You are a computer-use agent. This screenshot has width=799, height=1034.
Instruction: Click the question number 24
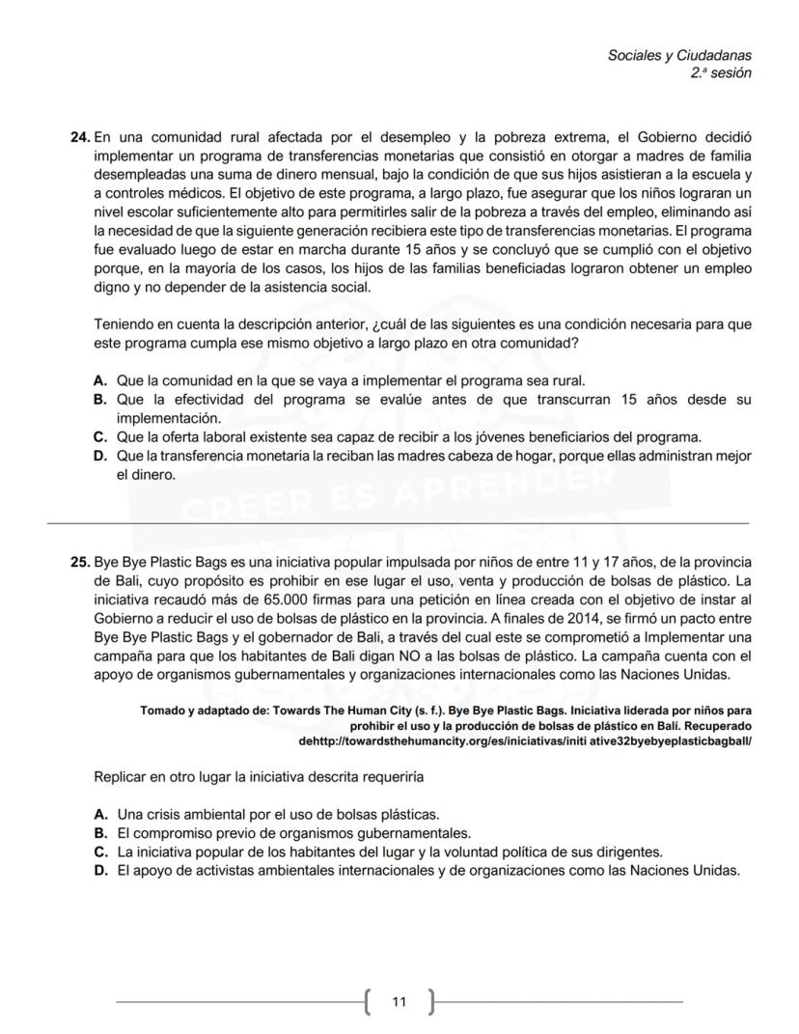(80, 138)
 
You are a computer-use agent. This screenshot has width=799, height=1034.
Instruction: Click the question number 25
(80, 562)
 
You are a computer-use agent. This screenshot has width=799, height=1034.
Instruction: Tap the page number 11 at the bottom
(399, 1001)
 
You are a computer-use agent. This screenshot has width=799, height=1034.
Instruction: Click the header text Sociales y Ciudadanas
(679, 56)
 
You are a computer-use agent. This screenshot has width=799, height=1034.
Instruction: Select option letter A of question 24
(99, 380)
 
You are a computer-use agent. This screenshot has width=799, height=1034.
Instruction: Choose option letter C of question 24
(99, 436)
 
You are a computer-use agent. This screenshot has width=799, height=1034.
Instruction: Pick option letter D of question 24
(99, 456)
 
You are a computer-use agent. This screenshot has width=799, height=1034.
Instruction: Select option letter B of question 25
(99, 833)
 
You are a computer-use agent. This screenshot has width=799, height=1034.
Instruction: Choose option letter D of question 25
(99, 870)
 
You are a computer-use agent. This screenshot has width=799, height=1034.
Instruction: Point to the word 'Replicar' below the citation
(122, 776)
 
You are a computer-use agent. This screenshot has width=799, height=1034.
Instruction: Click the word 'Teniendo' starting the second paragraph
(124, 324)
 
